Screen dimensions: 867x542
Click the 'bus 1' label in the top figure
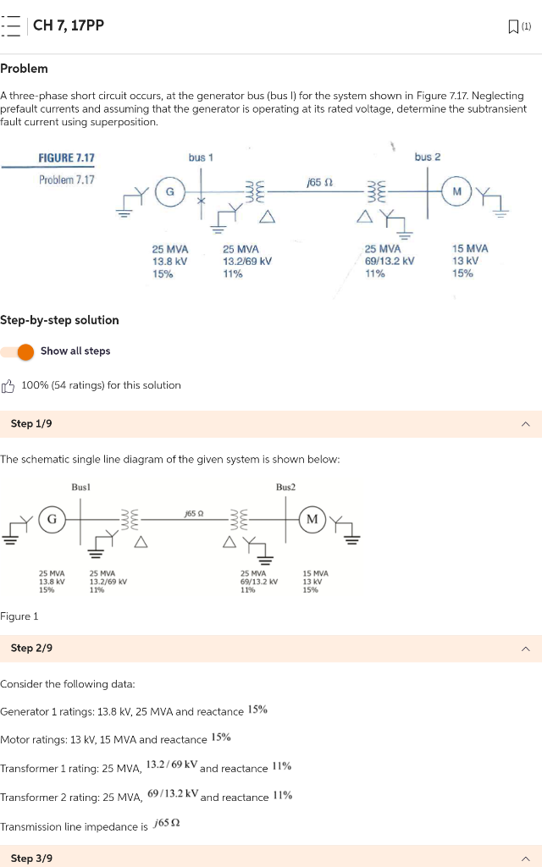(x=201, y=157)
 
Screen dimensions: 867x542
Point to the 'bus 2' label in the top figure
(x=428, y=157)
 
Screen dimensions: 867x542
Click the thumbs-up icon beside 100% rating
(x=8, y=386)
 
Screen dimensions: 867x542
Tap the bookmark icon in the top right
(x=513, y=26)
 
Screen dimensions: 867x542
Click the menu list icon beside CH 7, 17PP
(x=11, y=25)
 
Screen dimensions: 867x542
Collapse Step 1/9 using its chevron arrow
(x=525, y=424)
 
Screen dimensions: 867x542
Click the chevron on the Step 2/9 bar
(x=525, y=649)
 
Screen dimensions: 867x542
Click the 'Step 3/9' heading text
(x=31, y=858)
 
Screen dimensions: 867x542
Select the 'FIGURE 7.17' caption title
(x=66, y=158)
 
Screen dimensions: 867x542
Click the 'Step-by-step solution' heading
(x=59, y=320)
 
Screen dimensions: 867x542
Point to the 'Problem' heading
(x=24, y=69)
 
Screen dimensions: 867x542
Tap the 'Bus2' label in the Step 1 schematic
(x=285, y=488)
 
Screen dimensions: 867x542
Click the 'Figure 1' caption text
(x=19, y=616)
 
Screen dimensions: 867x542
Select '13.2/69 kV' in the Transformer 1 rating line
(x=172, y=765)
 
